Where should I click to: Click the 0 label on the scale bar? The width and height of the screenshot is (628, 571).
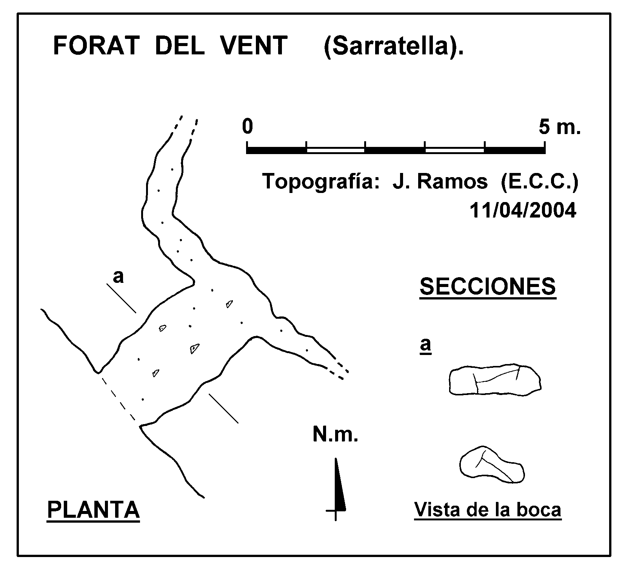[x=247, y=127]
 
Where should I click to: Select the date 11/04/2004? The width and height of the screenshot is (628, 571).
[x=523, y=211]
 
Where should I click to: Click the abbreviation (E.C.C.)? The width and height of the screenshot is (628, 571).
[x=540, y=182]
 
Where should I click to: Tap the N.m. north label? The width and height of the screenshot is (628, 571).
[x=335, y=435]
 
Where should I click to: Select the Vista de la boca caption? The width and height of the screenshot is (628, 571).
[x=488, y=510]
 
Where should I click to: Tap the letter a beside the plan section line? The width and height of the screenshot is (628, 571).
[x=118, y=277]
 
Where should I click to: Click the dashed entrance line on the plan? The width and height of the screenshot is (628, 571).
[x=118, y=398]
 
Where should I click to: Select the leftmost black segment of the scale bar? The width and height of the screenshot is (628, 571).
[x=276, y=150]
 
